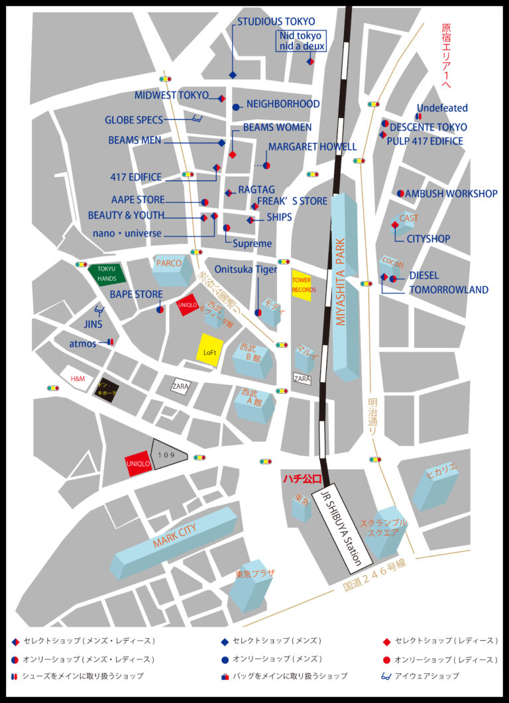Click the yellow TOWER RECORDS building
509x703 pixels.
[x=302, y=285]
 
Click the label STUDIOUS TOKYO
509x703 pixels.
[x=276, y=22]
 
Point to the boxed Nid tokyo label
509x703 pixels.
[x=300, y=41]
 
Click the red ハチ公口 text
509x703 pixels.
[x=302, y=478]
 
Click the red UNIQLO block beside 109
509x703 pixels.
[x=139, y=463]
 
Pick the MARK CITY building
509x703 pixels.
[x=175, y=541]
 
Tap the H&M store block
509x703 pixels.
[x=78, y=378]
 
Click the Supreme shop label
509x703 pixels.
[x=252, y=243]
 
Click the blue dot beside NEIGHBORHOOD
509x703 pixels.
[x=235, y=107]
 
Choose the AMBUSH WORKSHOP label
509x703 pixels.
[x=451, y=193]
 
